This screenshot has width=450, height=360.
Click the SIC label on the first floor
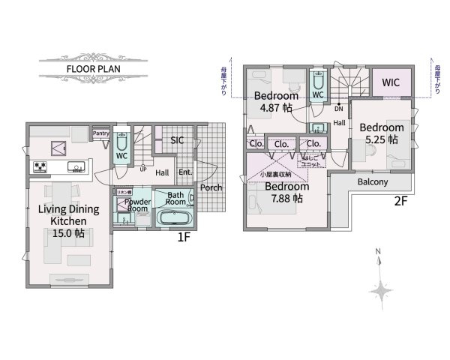tap(177, 140)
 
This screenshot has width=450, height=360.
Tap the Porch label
tap(211, 187)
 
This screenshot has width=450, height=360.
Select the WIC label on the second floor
tap(391, 82)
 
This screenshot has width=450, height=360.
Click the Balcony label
tap(373, 181)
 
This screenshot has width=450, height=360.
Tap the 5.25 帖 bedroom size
tap(381, 139)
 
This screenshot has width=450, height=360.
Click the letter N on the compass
tap(379, 251)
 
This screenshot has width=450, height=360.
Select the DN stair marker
tap(339, 108)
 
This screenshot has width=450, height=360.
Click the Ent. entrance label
tap(185, 173)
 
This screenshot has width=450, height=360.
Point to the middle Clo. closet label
tap(283, 144)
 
